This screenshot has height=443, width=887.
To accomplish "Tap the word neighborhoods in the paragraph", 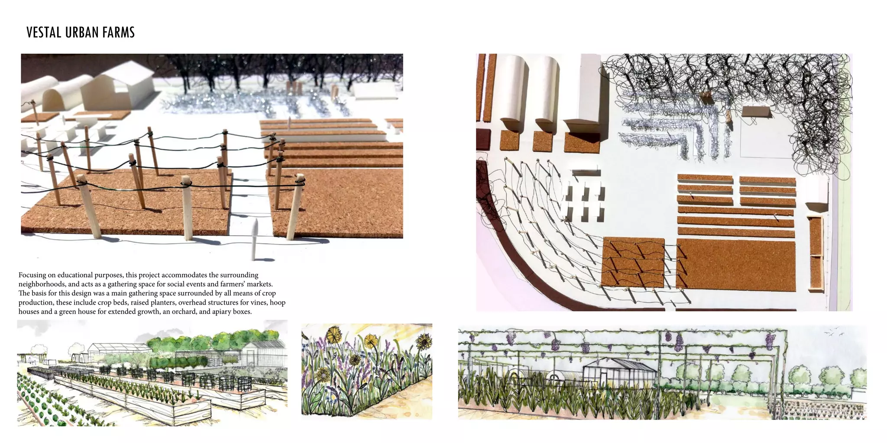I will [x=42, y=284].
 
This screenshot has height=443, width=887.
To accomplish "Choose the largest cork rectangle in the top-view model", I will [x=735, y=264].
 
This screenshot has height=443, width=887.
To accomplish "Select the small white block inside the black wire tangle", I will [x=756, y=112].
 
